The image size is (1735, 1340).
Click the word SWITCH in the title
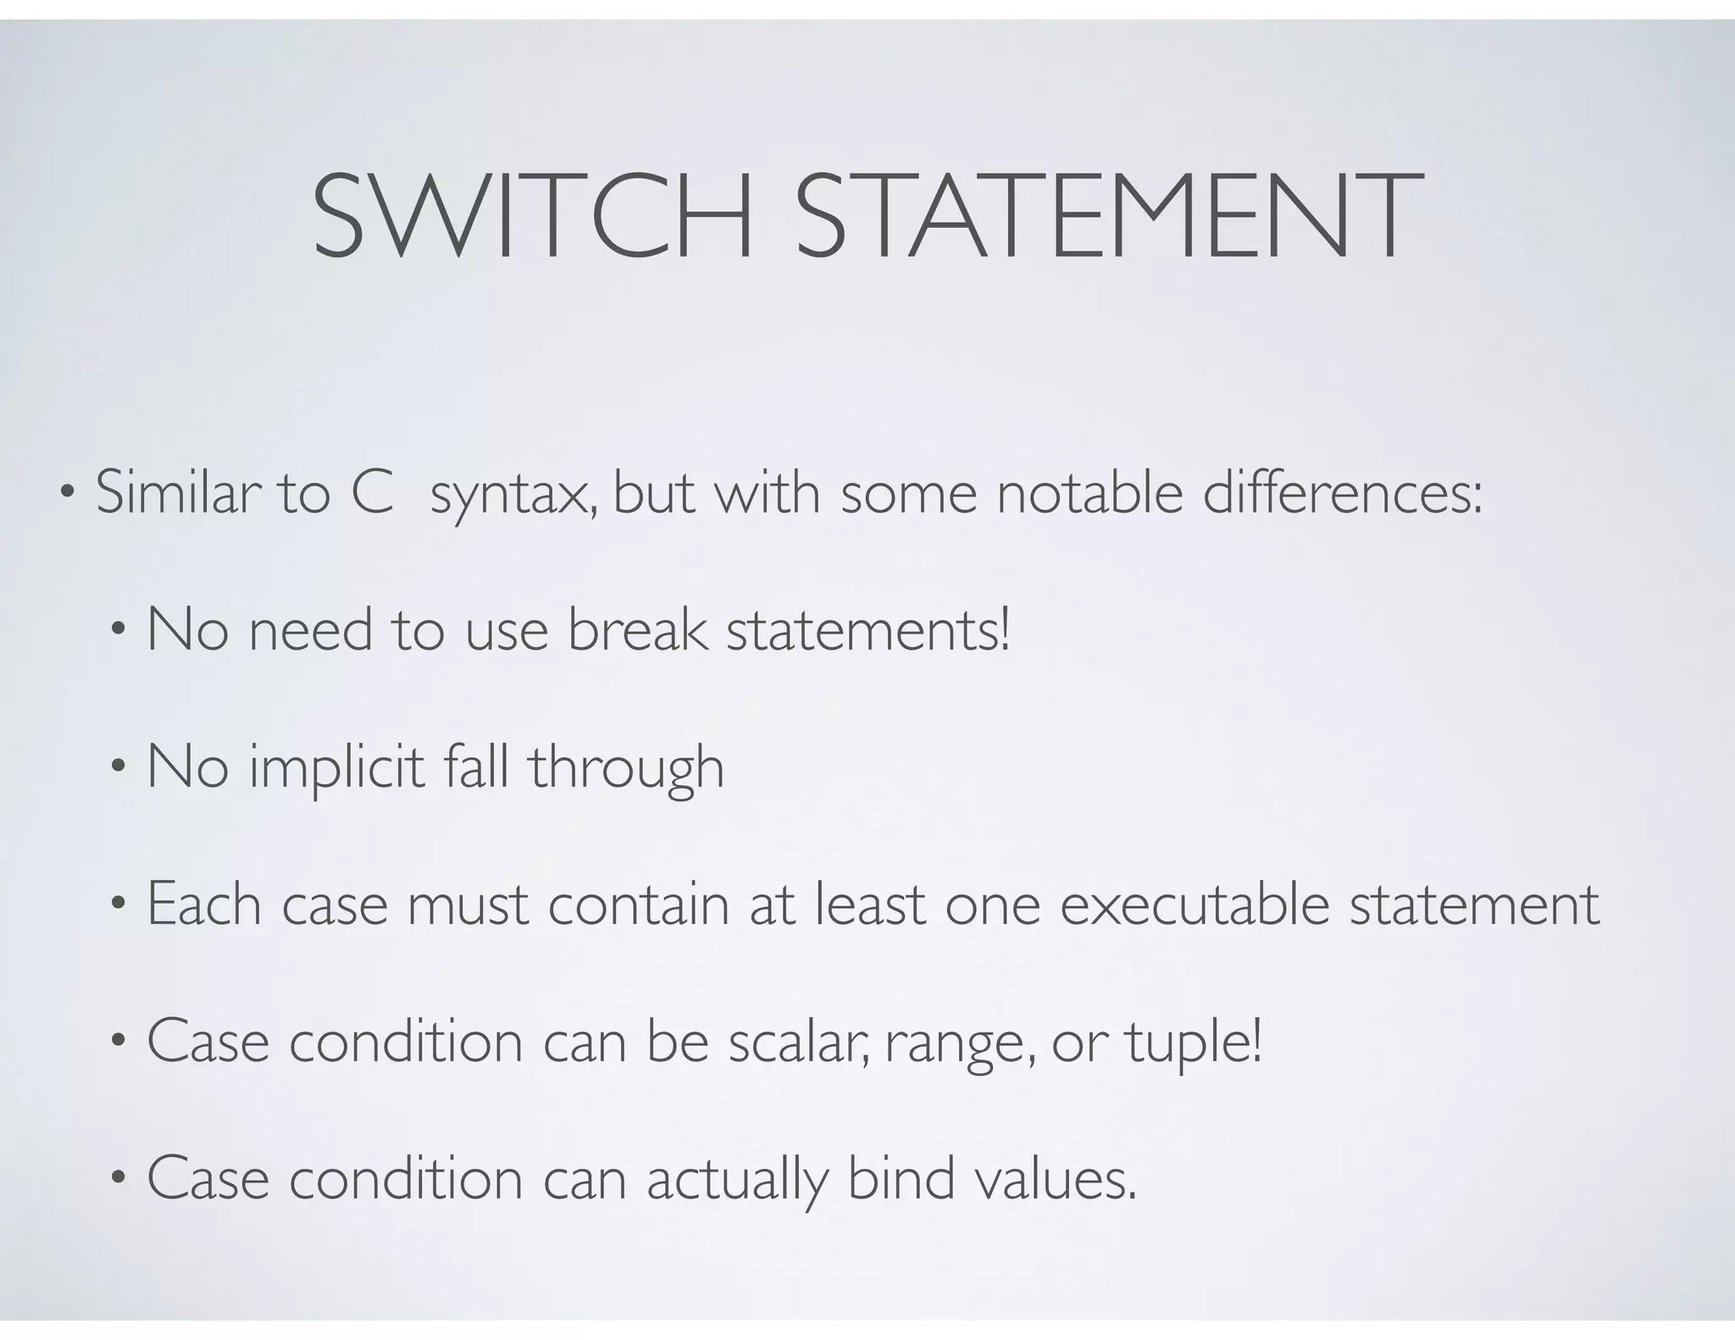point(533,216)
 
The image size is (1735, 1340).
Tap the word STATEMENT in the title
point(1109,216)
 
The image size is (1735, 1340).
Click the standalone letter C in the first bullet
point(372,493)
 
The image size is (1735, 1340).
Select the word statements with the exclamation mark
point(868,632)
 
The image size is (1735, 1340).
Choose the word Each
point(203,905)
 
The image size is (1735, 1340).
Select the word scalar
point(798,1043)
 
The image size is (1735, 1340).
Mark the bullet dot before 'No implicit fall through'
point(118,767)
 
